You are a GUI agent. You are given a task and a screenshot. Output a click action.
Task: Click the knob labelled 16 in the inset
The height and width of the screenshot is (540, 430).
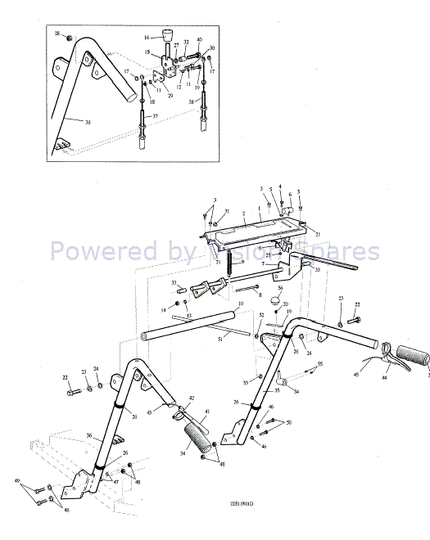click(170, 36)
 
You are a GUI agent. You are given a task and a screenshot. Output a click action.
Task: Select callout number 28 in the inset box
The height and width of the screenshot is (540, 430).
click(58, 34)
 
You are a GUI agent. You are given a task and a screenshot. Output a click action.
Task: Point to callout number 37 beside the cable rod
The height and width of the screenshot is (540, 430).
click(155, 116)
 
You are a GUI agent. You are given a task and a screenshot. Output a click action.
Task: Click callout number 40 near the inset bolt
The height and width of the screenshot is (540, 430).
click(199, 40)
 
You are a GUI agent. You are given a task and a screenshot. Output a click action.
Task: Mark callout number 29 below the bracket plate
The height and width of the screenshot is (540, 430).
click(170, 96)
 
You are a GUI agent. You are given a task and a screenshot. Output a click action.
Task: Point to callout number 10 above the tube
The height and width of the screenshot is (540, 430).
click(240, 304)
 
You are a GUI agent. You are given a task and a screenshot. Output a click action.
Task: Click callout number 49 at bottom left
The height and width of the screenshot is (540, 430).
click(17, 480)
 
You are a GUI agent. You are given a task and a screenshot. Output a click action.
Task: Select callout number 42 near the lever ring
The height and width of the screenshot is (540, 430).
click(192, 398)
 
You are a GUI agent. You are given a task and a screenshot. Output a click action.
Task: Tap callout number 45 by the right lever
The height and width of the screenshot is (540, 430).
click(356, 376)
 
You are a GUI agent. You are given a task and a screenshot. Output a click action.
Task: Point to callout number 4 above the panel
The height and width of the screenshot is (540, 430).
click(280, 187)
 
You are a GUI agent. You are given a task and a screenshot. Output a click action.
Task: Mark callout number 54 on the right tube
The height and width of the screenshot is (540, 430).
click(296, 392)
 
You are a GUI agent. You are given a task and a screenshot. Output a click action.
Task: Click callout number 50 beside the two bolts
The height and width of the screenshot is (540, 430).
click(288, 422)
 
